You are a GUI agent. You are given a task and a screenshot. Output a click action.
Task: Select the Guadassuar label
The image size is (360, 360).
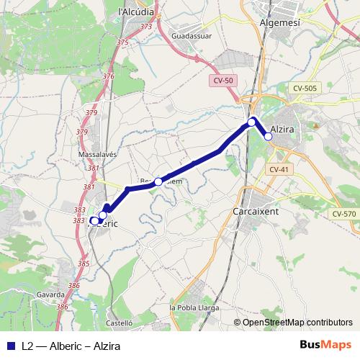point(192,34)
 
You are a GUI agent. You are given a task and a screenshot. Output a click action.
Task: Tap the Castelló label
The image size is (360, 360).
point(120,323)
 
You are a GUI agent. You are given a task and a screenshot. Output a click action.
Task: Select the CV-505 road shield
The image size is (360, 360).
point(305,88)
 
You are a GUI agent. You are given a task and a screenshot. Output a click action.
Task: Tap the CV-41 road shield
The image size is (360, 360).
point(278,169)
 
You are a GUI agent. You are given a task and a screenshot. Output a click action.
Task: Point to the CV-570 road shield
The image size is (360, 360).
point(344,214)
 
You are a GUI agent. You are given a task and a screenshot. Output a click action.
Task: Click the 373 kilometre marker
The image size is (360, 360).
point(147,27)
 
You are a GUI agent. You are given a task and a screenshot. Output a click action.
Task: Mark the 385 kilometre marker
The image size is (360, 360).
point(84,264)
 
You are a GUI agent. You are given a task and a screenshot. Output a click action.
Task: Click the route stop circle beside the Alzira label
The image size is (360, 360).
point(268,136)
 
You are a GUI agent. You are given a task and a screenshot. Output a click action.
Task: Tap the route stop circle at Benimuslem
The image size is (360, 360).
point(158,181)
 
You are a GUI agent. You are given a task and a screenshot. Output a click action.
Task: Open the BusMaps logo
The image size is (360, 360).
point(325,345)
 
